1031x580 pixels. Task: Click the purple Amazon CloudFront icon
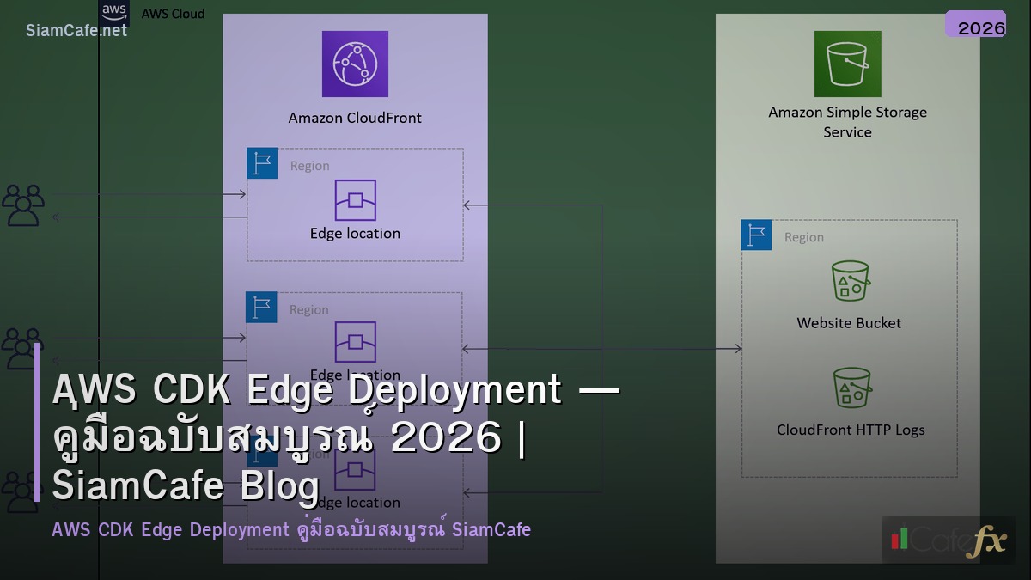[x=355, y=64]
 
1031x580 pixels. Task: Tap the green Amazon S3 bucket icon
[x=847, y=64]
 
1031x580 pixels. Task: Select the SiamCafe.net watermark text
[x=76, y=30]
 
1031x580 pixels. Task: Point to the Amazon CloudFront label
[x=355, y=118]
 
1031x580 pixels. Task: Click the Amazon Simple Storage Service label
[x=847, y=122]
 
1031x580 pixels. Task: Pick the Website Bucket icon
[x=850, y=280]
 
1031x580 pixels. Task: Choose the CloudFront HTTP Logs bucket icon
[x=851, y=388]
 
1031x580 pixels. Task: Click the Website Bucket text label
[x=849, y=323]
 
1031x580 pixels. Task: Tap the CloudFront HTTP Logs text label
[x=851, y=430]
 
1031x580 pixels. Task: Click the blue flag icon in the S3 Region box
[x=756, y=235]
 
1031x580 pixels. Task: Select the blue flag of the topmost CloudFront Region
[x=262, y=163]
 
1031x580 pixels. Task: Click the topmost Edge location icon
[x=355, y=200]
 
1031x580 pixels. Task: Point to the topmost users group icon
[x=23, y=205]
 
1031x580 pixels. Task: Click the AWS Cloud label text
[x=173, y=14]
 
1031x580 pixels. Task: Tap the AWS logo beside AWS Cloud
[x=114, y=12]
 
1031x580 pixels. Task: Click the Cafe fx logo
[x=949, y=540]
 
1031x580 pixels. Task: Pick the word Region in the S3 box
[x=803, y=237]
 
